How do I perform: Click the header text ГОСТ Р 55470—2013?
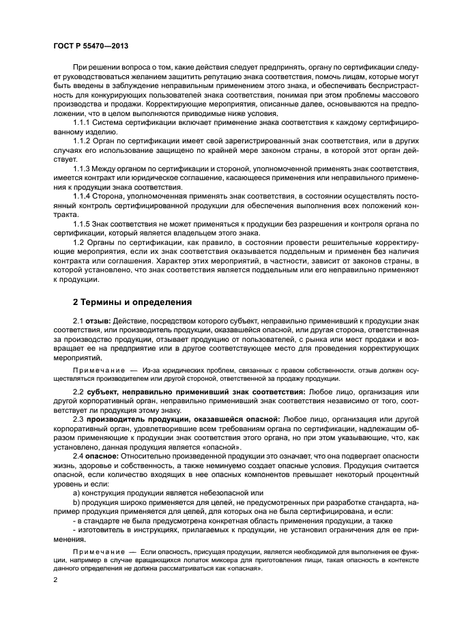pyautogui.click(x=91, y=46)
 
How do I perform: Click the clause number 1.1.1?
pyautogui.click(x=83, y=122)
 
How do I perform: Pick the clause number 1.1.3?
pyautogui.click(x=83, y=168)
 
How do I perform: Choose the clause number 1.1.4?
pyautogui.click(x=83, y=196)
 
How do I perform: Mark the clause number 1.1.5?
pyautogui.click(x=83, y=224)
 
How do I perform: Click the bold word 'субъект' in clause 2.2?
pyautogui.click(x=102, y=392)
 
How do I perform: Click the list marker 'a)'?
pyautogui.click(x=76, y=493)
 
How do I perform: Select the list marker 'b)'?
pyautogui.click(x=76, y=502)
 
